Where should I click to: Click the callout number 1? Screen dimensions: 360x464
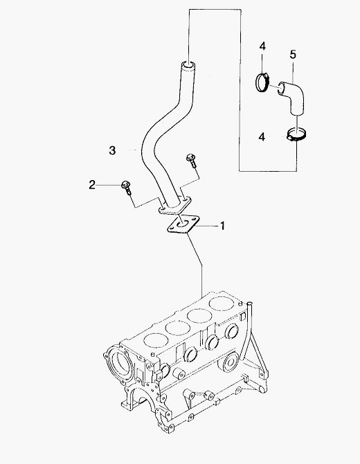(x=222, y=226)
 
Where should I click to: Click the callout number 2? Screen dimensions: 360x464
(x=92, y=185)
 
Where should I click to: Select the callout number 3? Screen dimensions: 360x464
(x=112, y=150)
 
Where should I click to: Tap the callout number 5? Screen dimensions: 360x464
(x=293, y=55)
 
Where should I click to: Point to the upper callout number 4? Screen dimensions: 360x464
(x=262, y=46)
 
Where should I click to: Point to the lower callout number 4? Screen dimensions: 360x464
(x=262, y=137)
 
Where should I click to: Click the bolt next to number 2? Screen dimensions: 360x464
(x=126, y=188)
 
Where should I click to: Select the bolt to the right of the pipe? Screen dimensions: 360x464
(x=191, y=160)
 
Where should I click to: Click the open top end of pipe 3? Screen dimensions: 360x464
(x=188, y=64)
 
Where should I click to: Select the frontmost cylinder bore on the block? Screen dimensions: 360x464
(x=156, y=340)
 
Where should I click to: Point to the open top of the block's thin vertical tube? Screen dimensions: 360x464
(x=250, y=303)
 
